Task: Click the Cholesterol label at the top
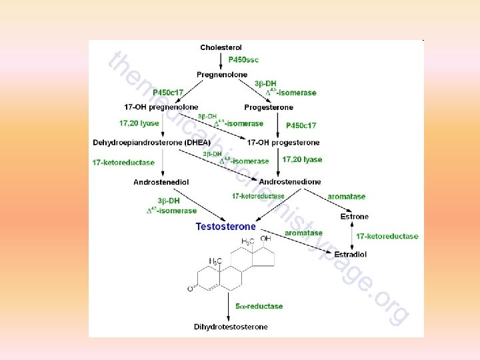(221, 47)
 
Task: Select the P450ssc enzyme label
(243, 60)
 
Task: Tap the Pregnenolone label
(222, 74)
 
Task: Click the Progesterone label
(269, 107)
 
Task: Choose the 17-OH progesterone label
(283, 142)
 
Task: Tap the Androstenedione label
(290, 181)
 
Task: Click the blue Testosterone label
(225, 226)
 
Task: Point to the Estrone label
(354, 217)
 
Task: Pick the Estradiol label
(350, 254)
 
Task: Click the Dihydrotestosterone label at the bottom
(231, 327)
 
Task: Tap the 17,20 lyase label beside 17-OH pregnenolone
(139, 123)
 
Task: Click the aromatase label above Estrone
(346, 197)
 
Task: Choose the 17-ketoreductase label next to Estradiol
(387, 236)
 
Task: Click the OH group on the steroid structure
(266, 239)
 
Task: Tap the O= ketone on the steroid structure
(191, 289)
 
